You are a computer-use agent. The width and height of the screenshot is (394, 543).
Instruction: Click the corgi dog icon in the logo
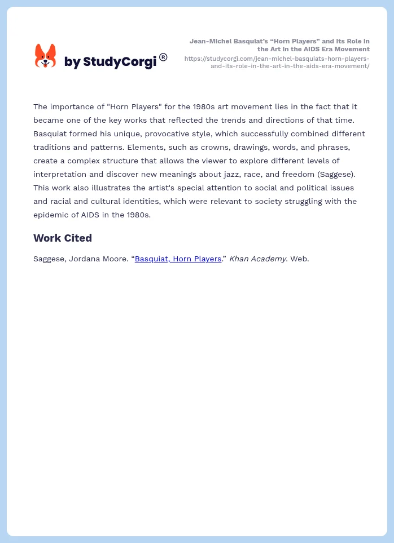pos(46,56)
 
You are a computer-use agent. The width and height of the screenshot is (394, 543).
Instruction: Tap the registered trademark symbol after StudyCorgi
pos(163,57)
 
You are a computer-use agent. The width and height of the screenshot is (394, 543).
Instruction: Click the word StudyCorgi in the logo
pos(120,62)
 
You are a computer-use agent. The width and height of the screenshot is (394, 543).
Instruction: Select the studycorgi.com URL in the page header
pos(277,62)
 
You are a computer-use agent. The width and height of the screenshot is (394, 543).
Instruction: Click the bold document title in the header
pos(279,45)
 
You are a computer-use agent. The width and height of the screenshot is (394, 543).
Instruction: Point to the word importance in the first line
pos(73,106)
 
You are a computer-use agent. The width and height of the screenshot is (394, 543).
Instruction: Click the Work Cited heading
pos(63,238)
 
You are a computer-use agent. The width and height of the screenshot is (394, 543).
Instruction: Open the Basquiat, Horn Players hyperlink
pos(178,259)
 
